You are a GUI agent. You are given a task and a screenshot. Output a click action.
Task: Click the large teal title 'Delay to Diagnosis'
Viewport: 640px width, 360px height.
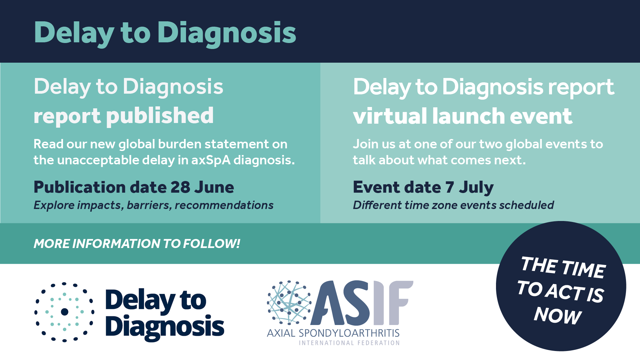[x=165, y=33]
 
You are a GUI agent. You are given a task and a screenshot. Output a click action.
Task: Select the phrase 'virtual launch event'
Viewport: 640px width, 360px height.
[x=463, y=116]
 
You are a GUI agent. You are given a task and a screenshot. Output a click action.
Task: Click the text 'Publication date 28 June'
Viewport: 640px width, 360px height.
[x=134, y=187]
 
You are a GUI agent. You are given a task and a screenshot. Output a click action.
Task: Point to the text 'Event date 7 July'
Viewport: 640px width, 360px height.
[x=423, y=188]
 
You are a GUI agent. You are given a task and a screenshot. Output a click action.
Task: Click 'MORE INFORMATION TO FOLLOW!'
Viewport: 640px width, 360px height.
[x=137, y=244]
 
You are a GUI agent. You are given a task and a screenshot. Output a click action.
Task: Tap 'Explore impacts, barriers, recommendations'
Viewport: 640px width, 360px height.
[x=153, y=205]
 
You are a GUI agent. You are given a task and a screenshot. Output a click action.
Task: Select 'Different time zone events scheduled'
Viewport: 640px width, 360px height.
[x=453, y=205]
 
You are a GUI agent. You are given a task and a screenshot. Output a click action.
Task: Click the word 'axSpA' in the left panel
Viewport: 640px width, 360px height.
[x=211, y=160]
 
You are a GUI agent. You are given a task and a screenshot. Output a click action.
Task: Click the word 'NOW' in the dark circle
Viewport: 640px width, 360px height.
[x=558, y=315]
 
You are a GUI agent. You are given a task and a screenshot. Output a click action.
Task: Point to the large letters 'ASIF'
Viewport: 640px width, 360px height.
[x=362, y=303]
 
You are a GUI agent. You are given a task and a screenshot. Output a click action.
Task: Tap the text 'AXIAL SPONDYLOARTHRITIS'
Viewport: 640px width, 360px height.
[x=333, y=333]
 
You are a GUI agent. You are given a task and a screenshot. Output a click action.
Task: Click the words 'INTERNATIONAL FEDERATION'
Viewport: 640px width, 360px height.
[x=349, y=343]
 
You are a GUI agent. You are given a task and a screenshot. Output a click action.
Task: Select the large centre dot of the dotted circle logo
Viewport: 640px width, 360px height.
[x=65, y=312]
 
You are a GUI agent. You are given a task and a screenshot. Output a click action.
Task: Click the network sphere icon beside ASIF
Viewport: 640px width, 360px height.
[x=289, y=303]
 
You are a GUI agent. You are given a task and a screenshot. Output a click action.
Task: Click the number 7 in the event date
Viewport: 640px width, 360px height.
[x=450, y=187]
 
